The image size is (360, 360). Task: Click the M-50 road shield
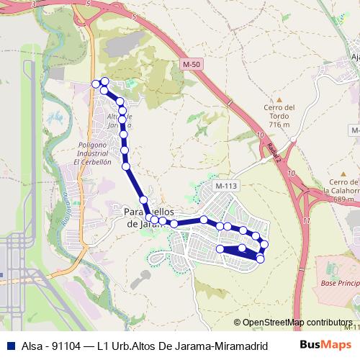point(191,64)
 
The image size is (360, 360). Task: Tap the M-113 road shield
point(225,186)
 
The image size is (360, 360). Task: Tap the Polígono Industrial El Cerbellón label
point(93,153)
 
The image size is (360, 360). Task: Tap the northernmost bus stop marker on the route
point(104,81)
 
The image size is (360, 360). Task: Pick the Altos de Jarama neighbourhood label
point(120,121)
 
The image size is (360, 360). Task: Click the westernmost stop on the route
point(95,84)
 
